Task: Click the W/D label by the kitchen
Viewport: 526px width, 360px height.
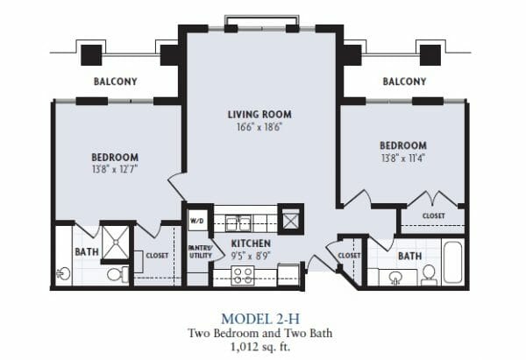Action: (196, 222)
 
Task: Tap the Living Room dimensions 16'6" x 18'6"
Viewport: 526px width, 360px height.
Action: (259, 127)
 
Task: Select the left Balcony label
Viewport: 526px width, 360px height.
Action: (116, 81)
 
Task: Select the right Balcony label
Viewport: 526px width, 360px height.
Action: (404, 81)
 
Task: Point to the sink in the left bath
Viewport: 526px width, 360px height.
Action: (63, 274)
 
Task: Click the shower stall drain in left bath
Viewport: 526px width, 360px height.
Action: (116, 242)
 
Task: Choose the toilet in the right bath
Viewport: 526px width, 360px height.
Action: (429, 275)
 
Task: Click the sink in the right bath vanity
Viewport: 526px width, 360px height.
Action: (396, 278)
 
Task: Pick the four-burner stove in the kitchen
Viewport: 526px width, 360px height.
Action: (243, 276)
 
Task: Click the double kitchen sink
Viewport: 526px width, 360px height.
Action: (238, 223)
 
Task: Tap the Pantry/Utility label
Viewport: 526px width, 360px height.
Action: (200, 251)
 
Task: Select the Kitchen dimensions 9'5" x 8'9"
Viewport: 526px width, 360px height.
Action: (251, 256)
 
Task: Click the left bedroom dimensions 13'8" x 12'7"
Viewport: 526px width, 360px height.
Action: (115, 169)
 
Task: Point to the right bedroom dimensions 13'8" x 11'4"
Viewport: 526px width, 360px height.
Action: (403, 158)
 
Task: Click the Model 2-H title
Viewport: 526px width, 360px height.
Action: (260, 319)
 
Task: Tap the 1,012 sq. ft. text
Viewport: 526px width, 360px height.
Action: (260, 346)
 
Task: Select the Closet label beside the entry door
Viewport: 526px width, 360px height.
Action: (349, 256)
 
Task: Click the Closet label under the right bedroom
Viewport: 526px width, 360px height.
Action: (433, 215)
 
